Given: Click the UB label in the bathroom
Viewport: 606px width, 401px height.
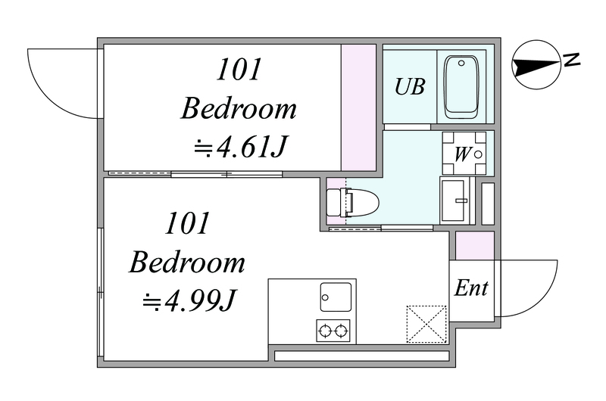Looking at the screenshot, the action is tap(410, 86).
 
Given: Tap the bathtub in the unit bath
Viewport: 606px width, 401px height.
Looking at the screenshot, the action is tap(461, 87).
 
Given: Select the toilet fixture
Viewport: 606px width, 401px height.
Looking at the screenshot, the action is tap(352, 202).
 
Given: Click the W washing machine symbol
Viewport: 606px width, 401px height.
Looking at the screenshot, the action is tap(464, 154).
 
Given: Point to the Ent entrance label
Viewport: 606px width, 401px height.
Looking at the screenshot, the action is tap(470, 288).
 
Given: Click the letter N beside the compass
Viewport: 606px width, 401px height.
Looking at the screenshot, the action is tap(572, 59).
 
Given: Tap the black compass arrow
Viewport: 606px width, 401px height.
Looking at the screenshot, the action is tap(536, 67).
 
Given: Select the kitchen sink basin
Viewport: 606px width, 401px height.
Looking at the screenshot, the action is tap(336, 297).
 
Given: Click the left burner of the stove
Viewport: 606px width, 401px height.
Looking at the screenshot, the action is tap(325, 331).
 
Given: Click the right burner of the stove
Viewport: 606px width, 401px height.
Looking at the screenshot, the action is tap(341, 331).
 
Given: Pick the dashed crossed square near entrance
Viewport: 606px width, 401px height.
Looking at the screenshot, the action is tap(426, 324).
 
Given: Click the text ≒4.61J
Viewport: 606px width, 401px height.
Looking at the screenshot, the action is tap(239, 147).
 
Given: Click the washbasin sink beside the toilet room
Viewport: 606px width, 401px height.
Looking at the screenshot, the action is tap(454, 201).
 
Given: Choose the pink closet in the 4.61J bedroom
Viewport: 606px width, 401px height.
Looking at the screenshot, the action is tap(358, 107).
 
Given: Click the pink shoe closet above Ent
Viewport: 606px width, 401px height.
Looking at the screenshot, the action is tap(475, 245).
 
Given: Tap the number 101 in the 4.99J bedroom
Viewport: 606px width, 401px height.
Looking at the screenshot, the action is tap(187, 223).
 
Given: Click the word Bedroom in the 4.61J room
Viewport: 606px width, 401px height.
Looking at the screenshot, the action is tap(239, 108).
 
